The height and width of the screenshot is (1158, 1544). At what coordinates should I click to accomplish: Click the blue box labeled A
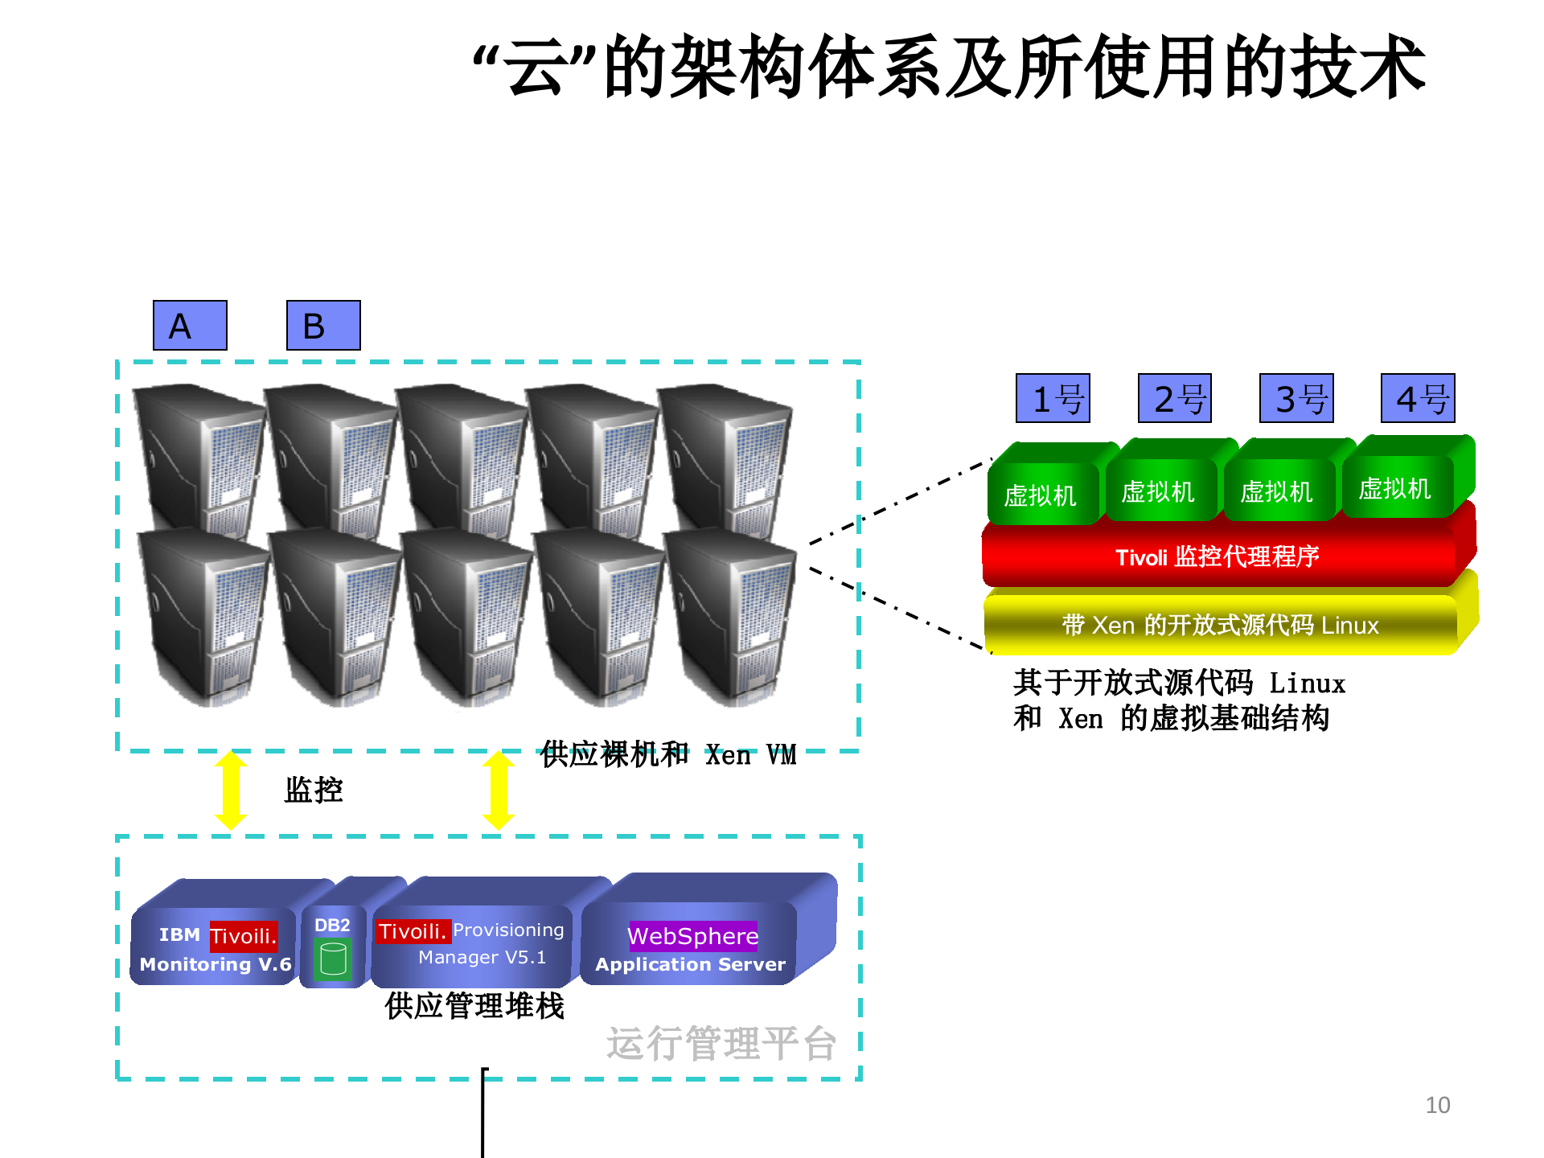click(x=190, y=325)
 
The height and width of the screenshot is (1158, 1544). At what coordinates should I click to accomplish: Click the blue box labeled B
click(x=323, y=325)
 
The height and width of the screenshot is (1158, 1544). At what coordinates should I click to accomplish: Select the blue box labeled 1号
click(x=1053, y=398)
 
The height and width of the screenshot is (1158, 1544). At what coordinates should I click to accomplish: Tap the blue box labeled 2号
click(x=1175, y=398)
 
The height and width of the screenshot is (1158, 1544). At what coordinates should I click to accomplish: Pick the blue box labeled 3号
click(x=1296, y=398)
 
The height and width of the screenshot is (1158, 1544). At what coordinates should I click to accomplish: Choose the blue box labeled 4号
click(x=1418, y=398)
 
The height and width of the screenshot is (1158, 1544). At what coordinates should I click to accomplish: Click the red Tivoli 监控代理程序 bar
click(x=1218, y=556)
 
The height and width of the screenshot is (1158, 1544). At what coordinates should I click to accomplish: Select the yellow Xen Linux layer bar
click(x=1221, y=625)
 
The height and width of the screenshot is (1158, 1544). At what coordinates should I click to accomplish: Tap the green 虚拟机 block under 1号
click(x=1041, y=494)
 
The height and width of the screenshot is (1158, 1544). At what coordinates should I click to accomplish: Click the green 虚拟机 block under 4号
click(x=1395, y=487)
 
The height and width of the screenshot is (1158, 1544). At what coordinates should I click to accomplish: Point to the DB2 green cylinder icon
click(x=333, y=959)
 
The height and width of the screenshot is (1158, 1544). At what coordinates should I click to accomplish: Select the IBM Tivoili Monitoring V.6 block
click(x=215, y=949)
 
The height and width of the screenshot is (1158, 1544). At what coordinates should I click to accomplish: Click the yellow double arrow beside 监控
click(x=231, y=790)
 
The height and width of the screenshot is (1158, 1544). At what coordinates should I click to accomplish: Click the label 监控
click(x=314, y=790)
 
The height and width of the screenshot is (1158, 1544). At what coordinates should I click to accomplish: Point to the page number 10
click(x=1437, y=1105)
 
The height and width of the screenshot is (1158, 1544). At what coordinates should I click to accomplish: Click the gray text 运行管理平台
click(x=721, y=1044)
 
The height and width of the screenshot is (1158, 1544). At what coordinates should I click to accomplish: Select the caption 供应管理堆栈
click(x=474, y=1006)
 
